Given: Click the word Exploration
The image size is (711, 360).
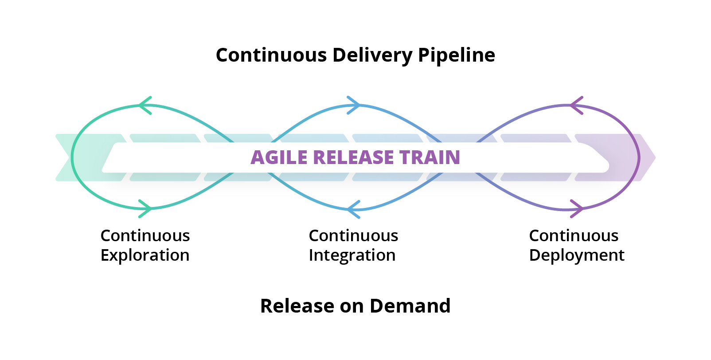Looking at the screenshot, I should (145, 256).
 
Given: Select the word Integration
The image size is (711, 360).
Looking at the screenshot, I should (352, 256).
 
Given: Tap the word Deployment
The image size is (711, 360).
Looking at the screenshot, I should (576, 256).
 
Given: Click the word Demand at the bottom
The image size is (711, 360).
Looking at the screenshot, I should (410, 306).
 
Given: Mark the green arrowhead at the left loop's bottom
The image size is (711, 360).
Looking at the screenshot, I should (146, 208).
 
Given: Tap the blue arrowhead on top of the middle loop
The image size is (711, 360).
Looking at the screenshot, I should (354, 105).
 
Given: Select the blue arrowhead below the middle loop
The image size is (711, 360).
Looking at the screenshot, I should (353, 209).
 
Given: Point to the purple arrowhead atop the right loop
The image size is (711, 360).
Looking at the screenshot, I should (576, 106).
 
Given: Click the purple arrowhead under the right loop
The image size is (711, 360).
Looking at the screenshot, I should (577, 208).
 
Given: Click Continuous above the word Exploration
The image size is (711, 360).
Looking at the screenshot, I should (145, 236).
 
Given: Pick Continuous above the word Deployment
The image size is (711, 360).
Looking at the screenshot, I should (574, 236).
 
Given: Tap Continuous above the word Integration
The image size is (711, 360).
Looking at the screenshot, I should (353, 236).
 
